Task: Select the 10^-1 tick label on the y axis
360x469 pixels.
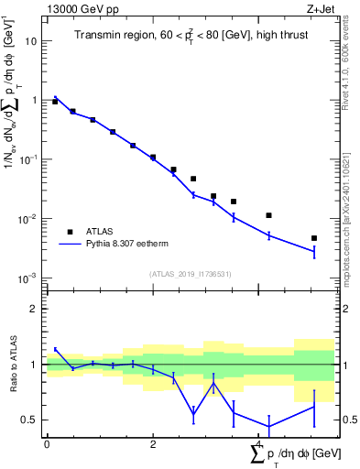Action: click(27, 159)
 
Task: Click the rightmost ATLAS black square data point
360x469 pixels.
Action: click(314, 238)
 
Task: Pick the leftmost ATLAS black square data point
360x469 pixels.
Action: click(55, 102)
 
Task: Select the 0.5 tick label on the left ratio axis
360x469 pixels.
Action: click(29, 420)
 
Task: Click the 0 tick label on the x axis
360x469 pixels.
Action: click(47, 442)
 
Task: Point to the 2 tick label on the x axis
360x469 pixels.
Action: click(153, 442)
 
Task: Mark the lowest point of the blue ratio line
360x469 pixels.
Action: click(269, 426)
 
